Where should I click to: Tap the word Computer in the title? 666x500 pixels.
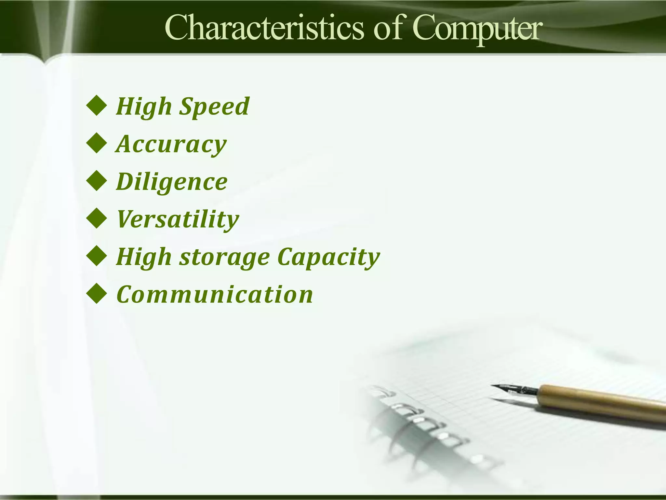(x=478, y=30)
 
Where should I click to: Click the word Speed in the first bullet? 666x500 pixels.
(x=214, y=106)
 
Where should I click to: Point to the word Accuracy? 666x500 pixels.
(x=171, y=144)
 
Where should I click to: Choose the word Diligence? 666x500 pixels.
(x=172, y=182)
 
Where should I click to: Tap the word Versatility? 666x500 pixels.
(x=178, y=219)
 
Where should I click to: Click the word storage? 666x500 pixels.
(x=224, y=257)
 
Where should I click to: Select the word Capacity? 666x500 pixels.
(x=329, y=257)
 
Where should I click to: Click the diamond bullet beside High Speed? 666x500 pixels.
(x=97, y=106)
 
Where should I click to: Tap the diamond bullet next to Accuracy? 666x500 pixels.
(x=97, y=144)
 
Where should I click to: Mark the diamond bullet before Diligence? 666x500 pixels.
(x=97, y=181)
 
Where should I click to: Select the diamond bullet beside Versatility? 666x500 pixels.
(x=97, y=219)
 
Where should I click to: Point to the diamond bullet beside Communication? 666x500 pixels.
(x=97, y=294)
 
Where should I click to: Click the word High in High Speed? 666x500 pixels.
(x=144, y=106)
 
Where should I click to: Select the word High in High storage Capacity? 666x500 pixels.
(x=144, y=257)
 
